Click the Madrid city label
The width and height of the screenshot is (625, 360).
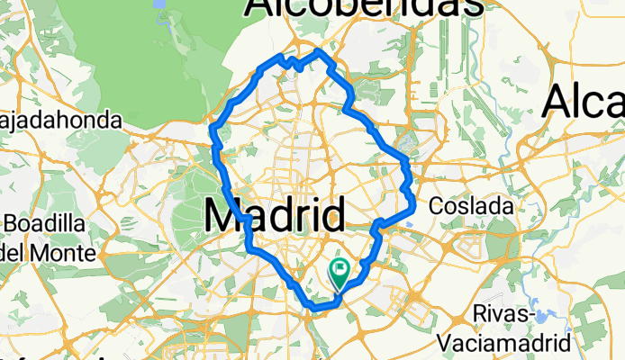(276, 217)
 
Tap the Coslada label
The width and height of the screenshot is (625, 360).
(471, 206)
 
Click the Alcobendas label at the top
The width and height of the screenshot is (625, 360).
(363, 7)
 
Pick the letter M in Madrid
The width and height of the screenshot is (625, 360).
(224, 217)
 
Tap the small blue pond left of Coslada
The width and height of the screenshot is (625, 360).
(403, 141)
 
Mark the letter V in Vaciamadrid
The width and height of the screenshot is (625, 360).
(447, 342)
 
